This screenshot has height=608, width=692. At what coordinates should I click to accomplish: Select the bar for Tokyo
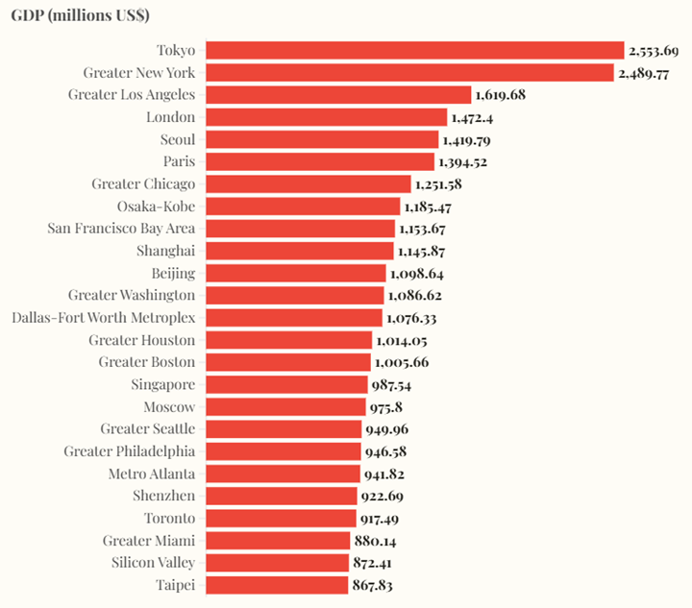click(415, 50)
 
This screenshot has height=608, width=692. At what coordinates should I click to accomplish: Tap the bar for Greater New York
click(409, 73)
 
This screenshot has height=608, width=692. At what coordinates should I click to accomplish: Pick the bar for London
click(327, 117)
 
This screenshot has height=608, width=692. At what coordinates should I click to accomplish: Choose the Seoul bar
click(322, 139)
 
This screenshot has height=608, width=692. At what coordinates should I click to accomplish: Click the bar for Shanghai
click(300, 251)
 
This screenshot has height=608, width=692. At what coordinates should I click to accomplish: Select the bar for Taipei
click(277, 585)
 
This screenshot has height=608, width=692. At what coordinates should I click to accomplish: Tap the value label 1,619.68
click(500, 95)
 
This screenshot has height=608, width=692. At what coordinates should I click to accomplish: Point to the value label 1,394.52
click(462, 161)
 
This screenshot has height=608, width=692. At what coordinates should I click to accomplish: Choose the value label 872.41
click(372, 563)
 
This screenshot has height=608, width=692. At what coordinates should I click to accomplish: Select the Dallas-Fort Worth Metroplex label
click(104, 318)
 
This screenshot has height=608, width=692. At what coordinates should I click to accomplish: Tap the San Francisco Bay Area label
click(121, 229)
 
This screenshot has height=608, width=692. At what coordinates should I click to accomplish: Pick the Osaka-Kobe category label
click(156, 207)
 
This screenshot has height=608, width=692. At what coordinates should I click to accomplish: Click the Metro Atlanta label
click(152, 474)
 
